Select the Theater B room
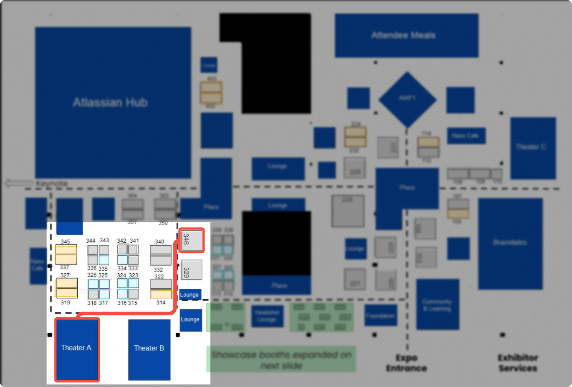[x=149, y=349]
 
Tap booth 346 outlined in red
[x=191, y=240]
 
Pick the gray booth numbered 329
[x=191, y=270]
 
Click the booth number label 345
[x=65, y=241]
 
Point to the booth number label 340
[x=160, y=241]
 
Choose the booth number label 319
[x=65, y=302]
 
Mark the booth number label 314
[x=161, y=302]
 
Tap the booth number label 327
[x=65, y=275]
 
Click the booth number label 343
[x=104, y=240]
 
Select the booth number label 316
[x=122, y=303]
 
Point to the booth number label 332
[x=158, y=270]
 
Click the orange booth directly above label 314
[x=161, y=294]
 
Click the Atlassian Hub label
[x=110, y=102]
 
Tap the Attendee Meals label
[x=403, y=35]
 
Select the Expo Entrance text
[x=406, y=363]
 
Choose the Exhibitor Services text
[x=518, y=363]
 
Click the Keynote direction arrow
[x=19, y=183]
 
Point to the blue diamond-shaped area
[x=407, y=99]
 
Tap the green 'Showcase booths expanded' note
[x=281, y=360]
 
